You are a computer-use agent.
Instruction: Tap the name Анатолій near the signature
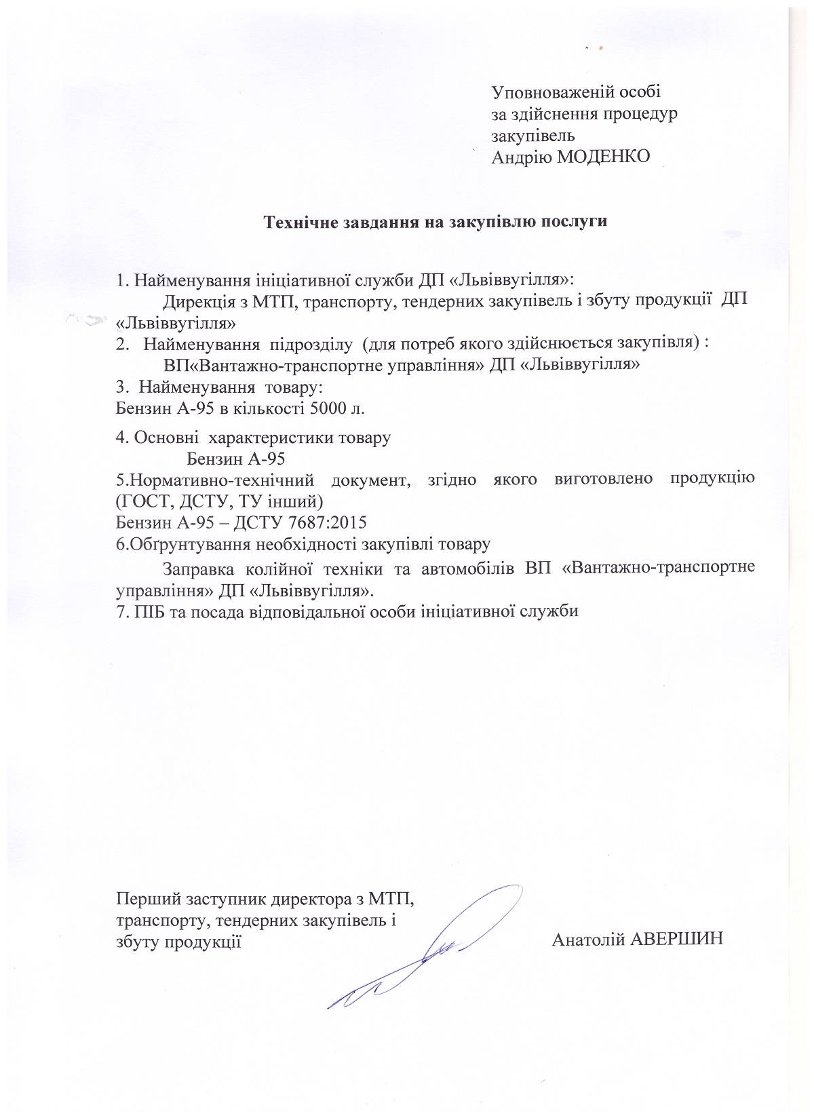pyautogui.click(x=587, y=940)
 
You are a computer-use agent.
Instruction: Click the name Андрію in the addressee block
pyautogui.click(x=516, y=157)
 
